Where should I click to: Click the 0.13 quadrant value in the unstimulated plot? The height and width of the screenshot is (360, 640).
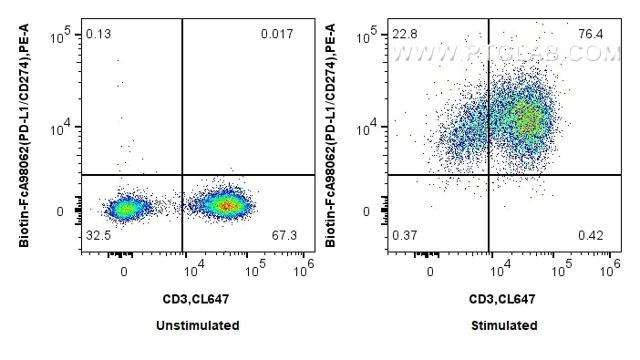(x=98, y=35)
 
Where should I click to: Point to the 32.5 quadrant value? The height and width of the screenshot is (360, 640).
(x=98, y=236)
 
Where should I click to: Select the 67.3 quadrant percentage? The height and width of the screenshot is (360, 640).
(x=285, y=236)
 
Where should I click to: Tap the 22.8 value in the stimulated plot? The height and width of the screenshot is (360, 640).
(x=404, y=35)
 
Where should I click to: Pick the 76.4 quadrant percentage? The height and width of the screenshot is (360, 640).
(x=591, y=35)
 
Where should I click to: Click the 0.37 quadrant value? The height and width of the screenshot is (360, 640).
(x=404, y=236)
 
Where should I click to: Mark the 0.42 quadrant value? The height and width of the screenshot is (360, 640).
(x=591, y=236)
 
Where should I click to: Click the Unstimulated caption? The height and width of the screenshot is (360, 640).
(x=199, y=325)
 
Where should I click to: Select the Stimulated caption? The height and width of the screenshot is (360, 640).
(x=504, y=325)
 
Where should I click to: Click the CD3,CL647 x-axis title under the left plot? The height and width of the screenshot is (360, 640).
(x=199, y=298)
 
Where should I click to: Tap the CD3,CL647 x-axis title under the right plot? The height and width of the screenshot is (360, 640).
(x=504, y=298)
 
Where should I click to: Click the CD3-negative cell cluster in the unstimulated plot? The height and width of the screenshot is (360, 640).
(x=125, y=209)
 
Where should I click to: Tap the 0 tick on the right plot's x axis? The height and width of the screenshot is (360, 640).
(x=430, y=270)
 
